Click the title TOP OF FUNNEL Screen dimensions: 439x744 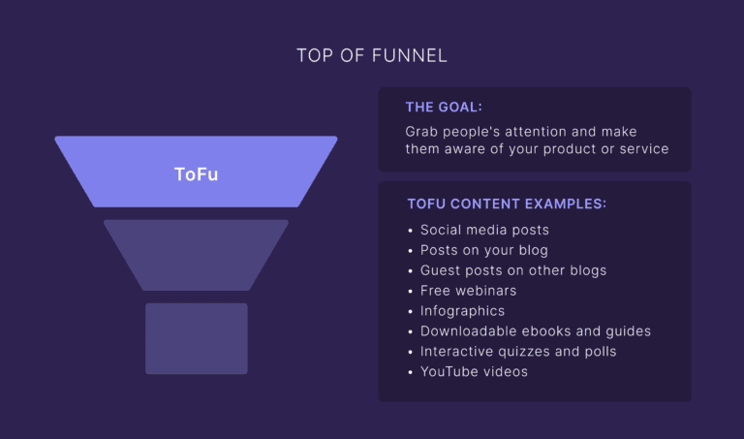(372, 55)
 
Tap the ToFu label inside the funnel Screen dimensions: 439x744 (196, 174)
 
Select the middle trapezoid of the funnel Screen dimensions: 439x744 (196, 254)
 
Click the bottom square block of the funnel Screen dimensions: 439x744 (196, 338)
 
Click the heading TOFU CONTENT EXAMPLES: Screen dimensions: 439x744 (507, 204)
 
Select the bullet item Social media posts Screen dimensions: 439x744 (484, 231)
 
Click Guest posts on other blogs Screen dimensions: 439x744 (512, 270)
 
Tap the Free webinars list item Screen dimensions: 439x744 (468, 291)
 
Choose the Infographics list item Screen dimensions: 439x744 (462, 311)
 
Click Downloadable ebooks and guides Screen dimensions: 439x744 (535, 331)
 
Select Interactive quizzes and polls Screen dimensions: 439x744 (517, 352)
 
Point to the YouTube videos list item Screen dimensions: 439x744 (474, 372)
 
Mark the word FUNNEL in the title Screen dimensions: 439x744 (410, 55)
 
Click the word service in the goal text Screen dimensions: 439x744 (643, 149)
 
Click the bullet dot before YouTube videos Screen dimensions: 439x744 (410, 372)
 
